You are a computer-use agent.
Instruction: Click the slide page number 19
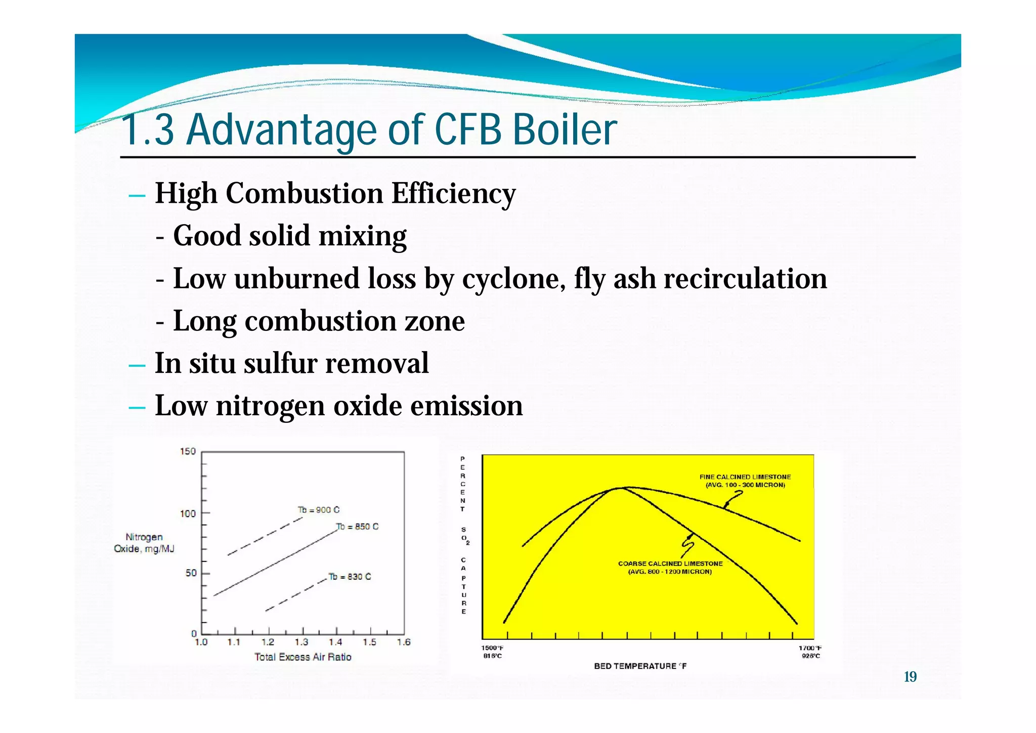(x=910, y=677)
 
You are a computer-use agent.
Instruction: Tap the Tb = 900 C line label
(x=319, y=510)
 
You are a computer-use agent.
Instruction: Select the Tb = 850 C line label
(x=357, y=527)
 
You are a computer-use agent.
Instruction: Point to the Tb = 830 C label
(x=350, y=577)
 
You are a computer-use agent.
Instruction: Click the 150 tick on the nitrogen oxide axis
(x=188, y=451)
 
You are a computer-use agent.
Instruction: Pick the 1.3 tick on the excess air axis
(x=301, y=642)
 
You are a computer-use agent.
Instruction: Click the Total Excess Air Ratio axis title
(x=303, y=657)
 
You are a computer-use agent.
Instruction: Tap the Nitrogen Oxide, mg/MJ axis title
(x=144, y=543)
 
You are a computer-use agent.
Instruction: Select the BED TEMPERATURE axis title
(x=640, y=666)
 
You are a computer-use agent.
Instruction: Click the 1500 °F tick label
(x=492, y=648)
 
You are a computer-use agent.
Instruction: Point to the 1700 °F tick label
(x=810, y=648)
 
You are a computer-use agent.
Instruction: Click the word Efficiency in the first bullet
(x=453, y=194)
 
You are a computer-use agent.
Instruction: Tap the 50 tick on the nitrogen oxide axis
(x=191, y=573)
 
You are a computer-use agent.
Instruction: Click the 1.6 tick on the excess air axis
(x=404, y=642)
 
